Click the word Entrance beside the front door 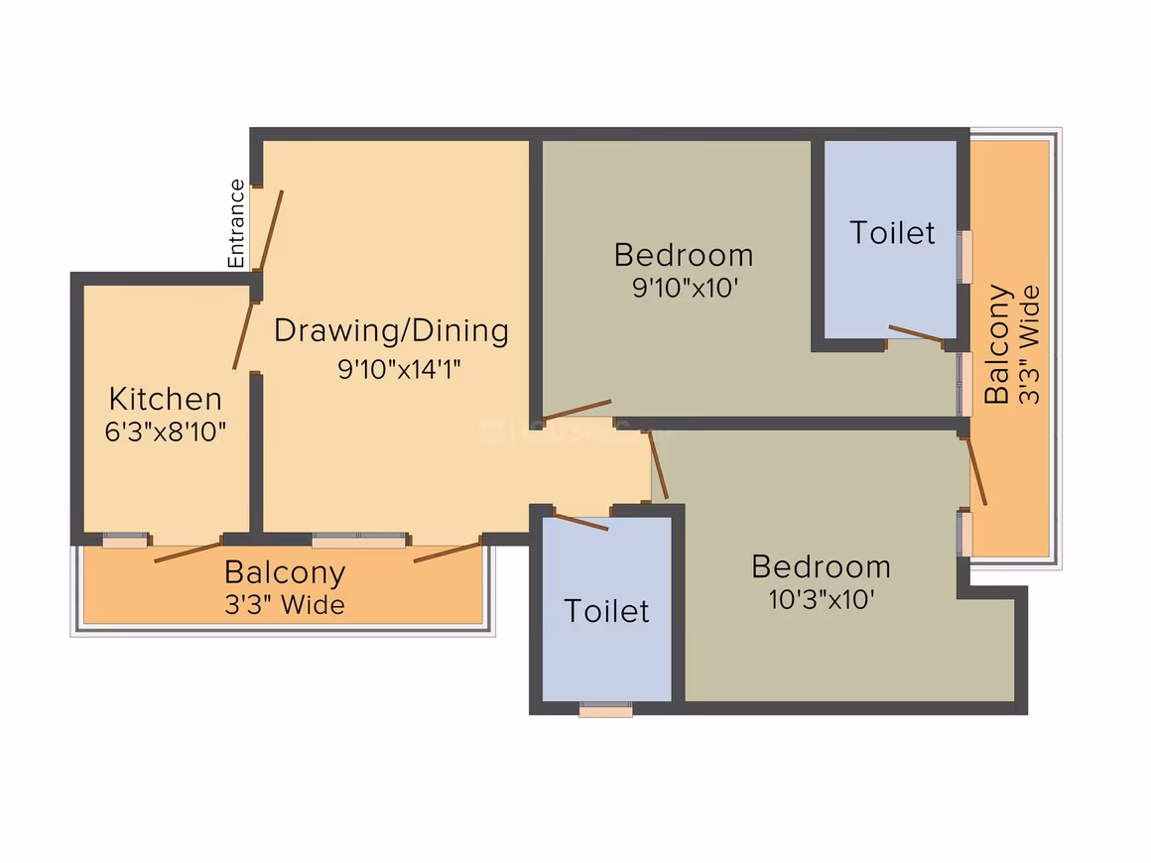tap(235, 224)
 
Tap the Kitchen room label tap(165, 399)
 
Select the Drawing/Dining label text tap(391, 331)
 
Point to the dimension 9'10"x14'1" tap(399, 368)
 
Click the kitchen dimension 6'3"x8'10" tap(165, 431)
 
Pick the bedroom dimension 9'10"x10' tap(685, 288)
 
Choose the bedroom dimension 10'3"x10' tap(821, 599)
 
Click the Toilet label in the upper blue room tap(893, 233)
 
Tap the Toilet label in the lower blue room tap(606, 611)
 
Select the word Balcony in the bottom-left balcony tap(285, 573)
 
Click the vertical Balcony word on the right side tap(997, 344)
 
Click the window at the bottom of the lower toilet tap(605, 709)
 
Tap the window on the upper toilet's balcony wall tap(965, 257)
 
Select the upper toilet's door tap(916, 334)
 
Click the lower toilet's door tap(580, 522)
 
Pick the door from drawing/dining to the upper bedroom tap(576, 411)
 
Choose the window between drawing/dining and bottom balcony tap(359, 541)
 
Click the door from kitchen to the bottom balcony tap(188, 553)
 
